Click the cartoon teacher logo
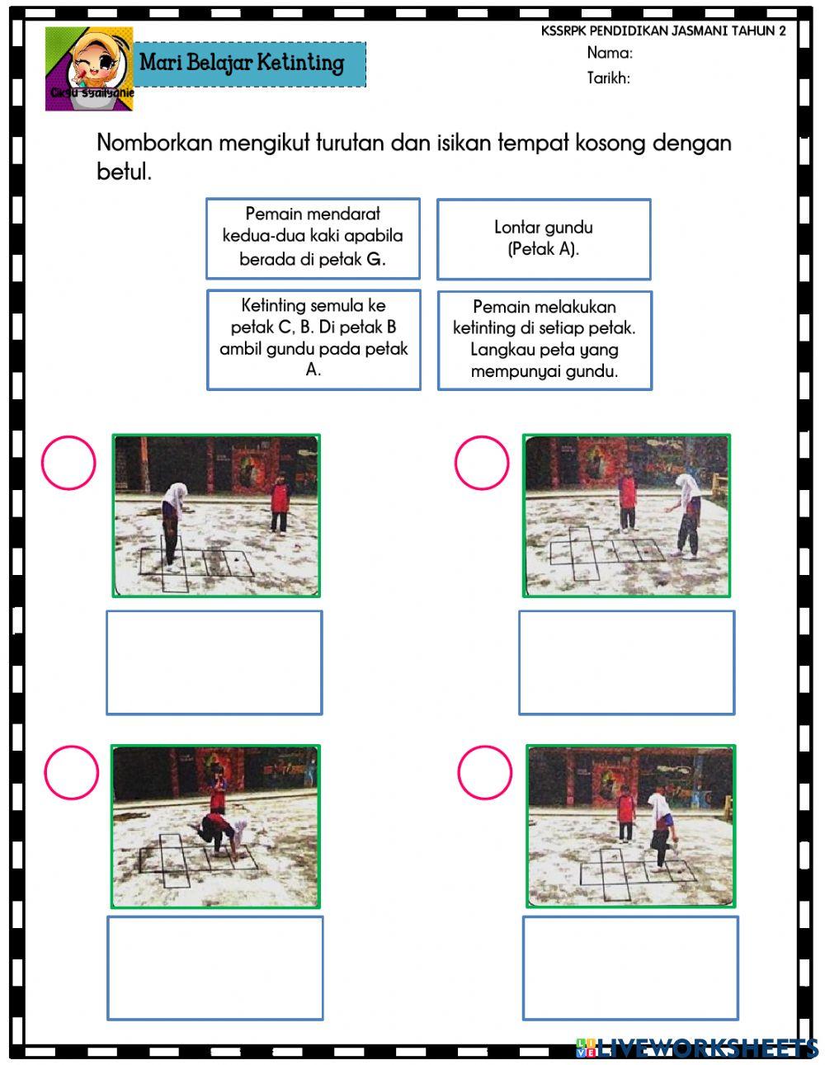89,68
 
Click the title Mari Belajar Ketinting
242,63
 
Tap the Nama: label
610,54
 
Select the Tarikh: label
609,78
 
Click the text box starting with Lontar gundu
544,238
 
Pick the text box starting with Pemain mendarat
313,238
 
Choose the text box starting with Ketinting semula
313,339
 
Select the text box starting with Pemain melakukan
544,340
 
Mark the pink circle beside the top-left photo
68,463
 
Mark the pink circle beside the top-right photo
482,463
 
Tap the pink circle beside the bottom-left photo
71,773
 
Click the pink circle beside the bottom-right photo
485,773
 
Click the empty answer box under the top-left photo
214,662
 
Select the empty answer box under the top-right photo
627,662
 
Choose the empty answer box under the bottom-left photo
215,968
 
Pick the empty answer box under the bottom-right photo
630,968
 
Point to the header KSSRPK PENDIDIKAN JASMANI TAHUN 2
663,31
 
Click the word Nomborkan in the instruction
148,143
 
